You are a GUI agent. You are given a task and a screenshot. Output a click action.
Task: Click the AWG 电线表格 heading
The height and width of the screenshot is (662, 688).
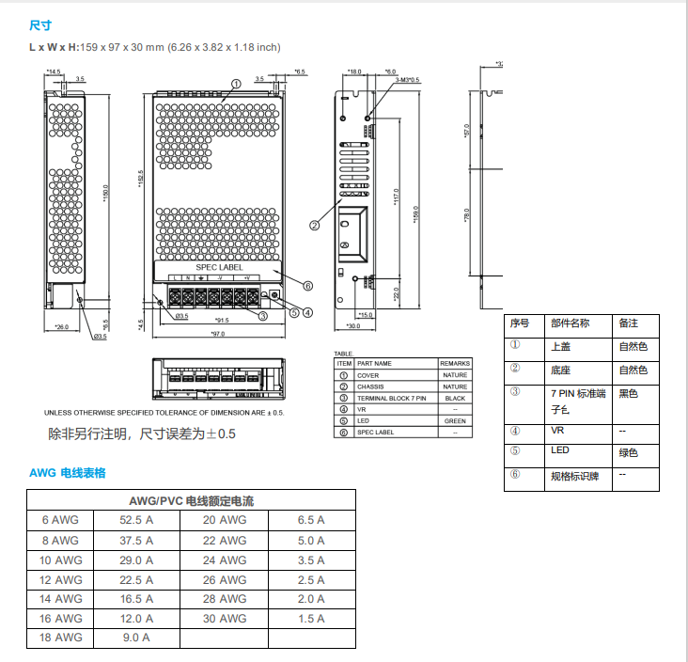[x=68, y=472]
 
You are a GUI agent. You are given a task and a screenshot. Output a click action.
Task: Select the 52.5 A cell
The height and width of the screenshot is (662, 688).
[x=136, y=520]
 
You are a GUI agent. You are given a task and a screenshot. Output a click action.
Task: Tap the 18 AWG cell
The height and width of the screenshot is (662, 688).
[x=62, y=638]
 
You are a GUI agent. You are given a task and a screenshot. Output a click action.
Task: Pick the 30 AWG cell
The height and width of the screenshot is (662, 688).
[x=225, y=619]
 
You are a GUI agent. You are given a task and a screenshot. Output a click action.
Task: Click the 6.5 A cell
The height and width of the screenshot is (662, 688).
[x=311, y=520]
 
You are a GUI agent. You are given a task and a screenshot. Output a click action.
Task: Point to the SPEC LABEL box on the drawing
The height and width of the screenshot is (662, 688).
[x=218, y=268]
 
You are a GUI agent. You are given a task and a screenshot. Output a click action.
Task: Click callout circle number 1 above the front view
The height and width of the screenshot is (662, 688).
[x=236, y=84]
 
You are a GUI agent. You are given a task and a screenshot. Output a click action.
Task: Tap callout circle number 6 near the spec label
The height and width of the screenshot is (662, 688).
[x=307, y=286]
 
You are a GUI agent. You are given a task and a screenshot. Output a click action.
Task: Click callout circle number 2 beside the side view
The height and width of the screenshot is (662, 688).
[x=314, y=225]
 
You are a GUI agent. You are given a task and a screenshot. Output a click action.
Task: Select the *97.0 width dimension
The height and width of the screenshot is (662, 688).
[x=217, y=335]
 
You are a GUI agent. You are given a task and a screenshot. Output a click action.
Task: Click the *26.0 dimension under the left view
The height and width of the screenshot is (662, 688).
[x=62, y=326]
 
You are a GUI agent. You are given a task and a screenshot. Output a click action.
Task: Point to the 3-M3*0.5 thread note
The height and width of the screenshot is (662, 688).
[x=407, y=81]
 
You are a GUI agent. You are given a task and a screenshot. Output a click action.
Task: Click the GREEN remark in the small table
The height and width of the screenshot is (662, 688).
[x=455, y=421]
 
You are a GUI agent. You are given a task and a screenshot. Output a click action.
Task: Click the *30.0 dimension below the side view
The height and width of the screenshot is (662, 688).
[x=352, y=326]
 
